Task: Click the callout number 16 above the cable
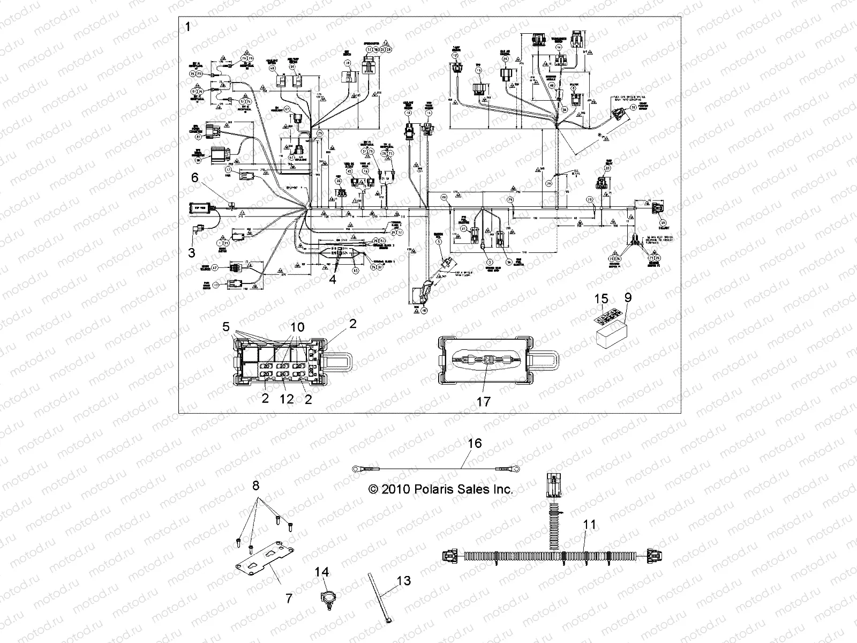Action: click(475, 443)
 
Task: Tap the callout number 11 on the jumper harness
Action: click(589, 525)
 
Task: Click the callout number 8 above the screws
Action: click(256, 486)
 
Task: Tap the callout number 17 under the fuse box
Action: click(483, 401)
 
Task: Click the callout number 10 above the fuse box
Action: click(297, 327)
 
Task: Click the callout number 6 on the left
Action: click(194, 178)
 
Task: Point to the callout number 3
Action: click(192, 252)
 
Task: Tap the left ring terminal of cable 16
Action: click(357, 469)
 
